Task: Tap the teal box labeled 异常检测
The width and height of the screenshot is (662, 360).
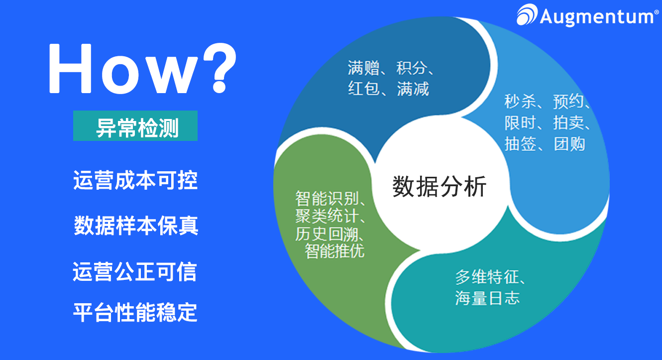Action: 135,126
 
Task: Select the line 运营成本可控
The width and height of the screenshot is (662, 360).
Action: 135,180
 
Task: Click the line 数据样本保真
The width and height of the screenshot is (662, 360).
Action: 136,226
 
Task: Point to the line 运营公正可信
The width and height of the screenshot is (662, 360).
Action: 135,272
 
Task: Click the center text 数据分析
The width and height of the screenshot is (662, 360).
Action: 440,187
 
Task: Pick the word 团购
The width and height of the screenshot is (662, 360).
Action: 569,144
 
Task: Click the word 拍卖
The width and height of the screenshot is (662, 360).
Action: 569,123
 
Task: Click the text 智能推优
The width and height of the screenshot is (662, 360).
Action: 334,251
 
